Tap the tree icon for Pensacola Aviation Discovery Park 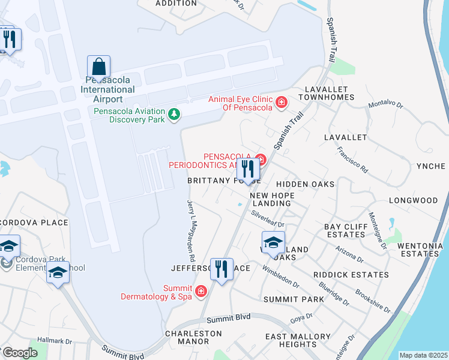[x=174, y=114]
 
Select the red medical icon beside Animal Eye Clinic [x=280, y=103]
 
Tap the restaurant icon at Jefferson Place [x=222, y=269]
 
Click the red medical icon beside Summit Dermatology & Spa [x=201, y=292]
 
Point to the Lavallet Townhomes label [x=327, y=92]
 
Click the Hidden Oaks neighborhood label [x=305, y=184]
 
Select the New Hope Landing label [x=270, y=199]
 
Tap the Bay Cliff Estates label [x=345, y=230]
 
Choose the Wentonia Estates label [x=420, y=249]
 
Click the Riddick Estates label [x=351, y=275]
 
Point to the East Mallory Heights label [x=298, y=340]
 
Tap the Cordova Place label [x=34, y=223]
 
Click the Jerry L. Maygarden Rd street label [x=191, y=230]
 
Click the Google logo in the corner [x=20, y=353]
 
